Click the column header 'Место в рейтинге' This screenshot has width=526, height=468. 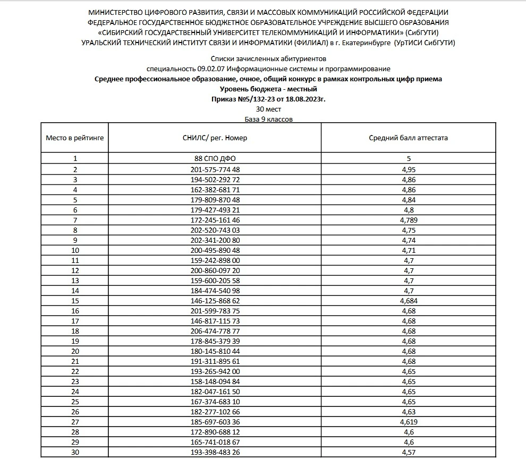[75, 138]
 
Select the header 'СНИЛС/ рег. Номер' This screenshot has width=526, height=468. [215, 138]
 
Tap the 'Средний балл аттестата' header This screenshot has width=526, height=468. [408, 138]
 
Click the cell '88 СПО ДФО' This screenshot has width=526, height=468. [215, 158]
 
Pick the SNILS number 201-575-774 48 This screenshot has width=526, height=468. [215, 169]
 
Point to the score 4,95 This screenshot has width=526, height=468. [408, 169]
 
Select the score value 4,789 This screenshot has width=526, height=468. [408, 220]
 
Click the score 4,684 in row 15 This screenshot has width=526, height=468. [408, 301]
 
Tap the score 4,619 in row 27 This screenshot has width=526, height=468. [408, 422]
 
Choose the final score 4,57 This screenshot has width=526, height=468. [408, 452]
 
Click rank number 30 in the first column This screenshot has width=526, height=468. [75, 452]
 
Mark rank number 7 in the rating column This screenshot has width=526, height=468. [75, 220]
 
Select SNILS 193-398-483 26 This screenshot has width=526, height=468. [215, 452]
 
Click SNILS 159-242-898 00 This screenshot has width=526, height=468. [215, 260]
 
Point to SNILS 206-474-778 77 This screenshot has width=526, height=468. [215, 331]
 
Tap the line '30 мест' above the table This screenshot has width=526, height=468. [268, 109]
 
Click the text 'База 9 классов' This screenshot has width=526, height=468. [268, 120]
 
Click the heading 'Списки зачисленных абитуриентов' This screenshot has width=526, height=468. [268, 58]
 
